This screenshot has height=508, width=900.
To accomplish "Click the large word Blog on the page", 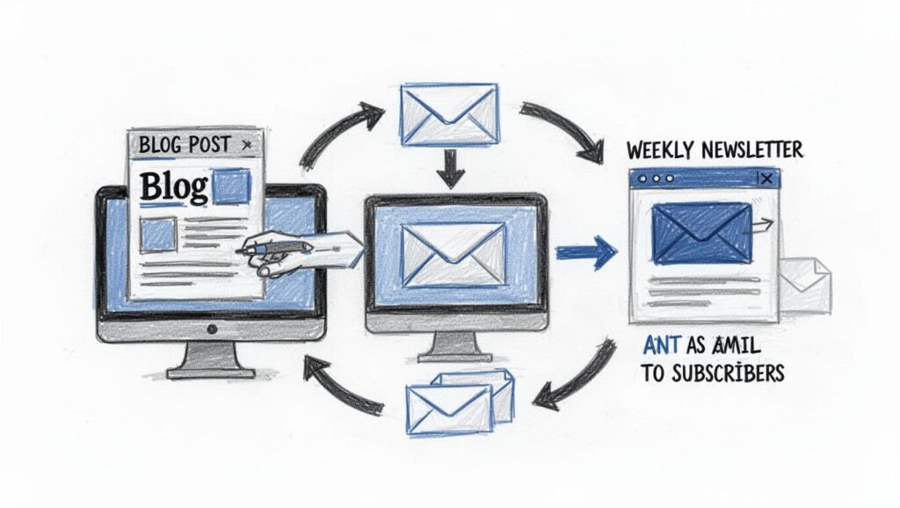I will click(x=174, y=186).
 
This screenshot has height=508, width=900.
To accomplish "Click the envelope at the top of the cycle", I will click(x=449, y=114).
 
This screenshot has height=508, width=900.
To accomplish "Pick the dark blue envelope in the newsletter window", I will click(x=701, y=233).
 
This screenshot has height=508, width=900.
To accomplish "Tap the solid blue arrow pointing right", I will click(x=586, y=251).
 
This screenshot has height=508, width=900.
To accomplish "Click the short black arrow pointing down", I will click(x=450, y=170).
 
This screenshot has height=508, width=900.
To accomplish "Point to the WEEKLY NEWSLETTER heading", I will click(x=715, y=150).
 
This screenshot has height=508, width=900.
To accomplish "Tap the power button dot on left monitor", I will click(x=211, y=329).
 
